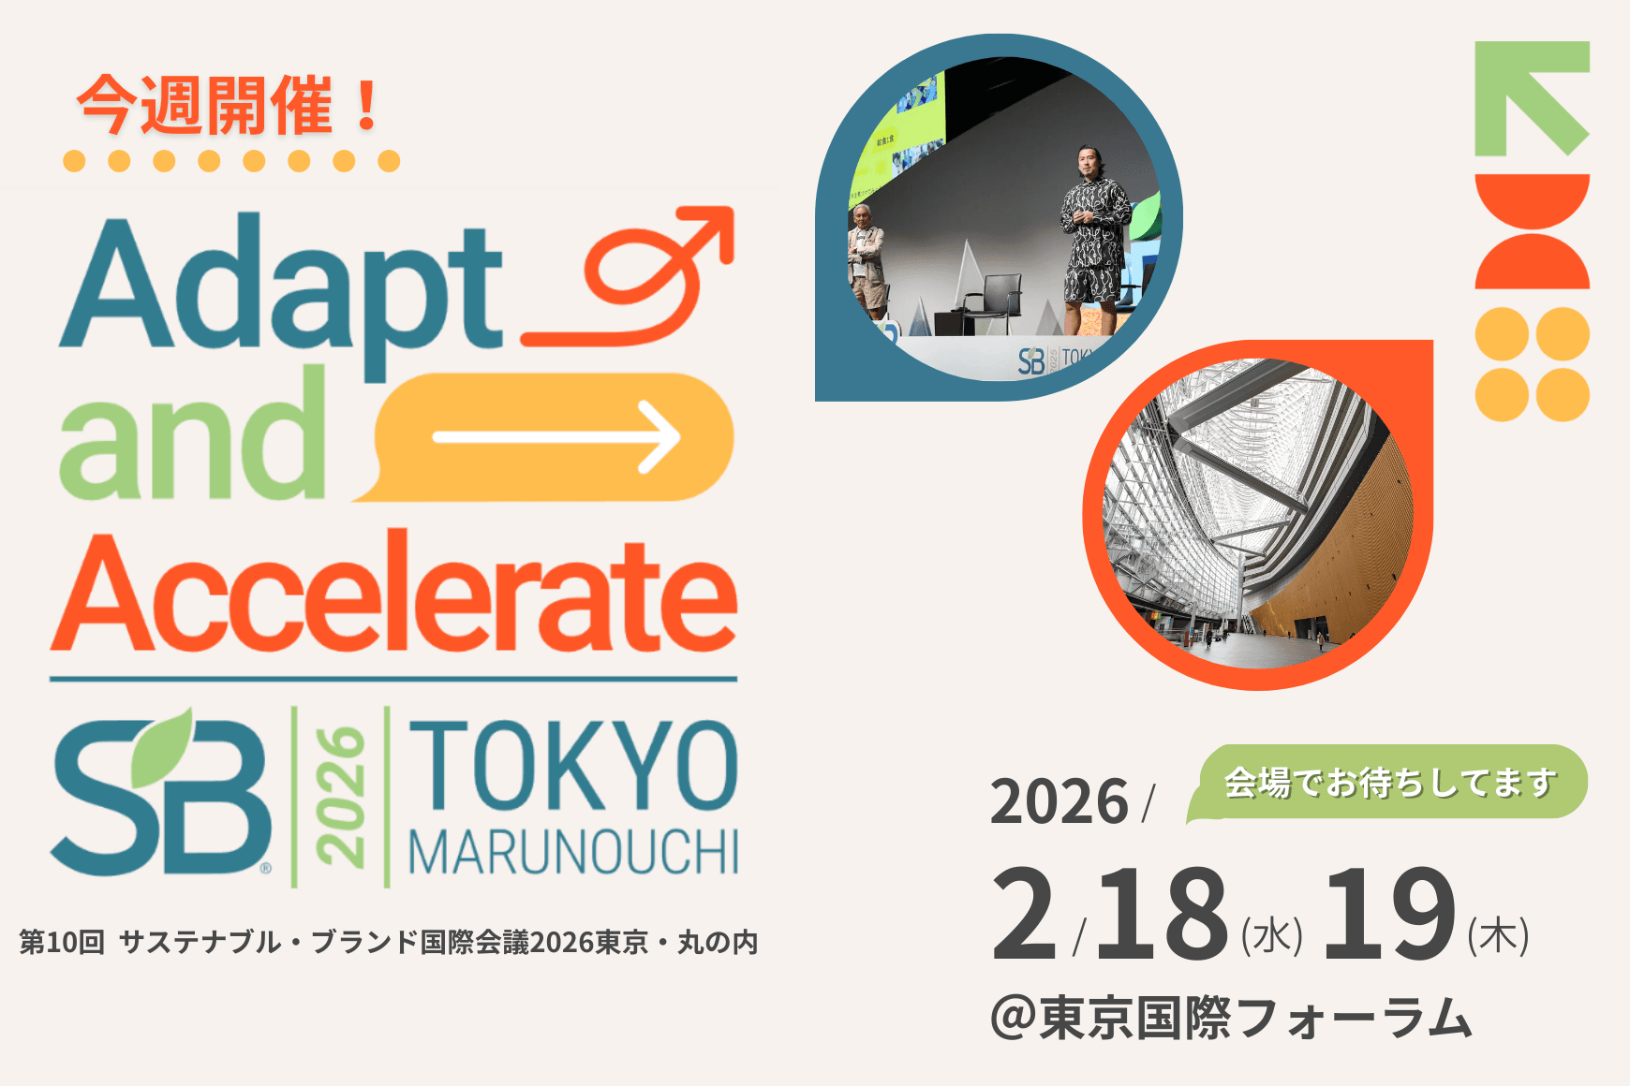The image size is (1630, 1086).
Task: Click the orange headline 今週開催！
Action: coord(230,105)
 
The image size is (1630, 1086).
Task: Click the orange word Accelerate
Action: coord(393,592)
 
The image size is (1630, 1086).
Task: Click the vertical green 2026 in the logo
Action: coord(340,796)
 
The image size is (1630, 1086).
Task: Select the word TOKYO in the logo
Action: coord(573,766)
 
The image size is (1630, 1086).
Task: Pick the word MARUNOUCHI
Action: coord(573,852)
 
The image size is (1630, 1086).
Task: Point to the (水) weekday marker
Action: coord(1272,935)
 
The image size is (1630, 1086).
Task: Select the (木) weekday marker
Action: coord(1499,935)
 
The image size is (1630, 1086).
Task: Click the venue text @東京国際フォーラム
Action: coord(1231,1018)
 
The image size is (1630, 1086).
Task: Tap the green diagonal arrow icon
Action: coord(1533,98)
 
